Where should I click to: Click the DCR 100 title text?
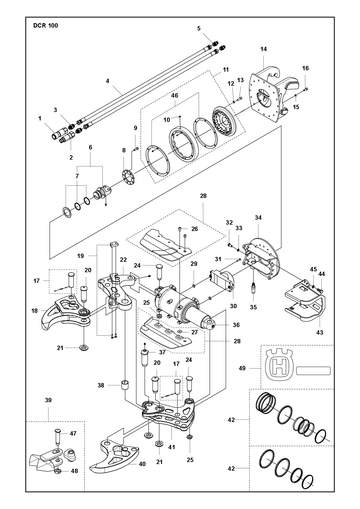coord(45,25)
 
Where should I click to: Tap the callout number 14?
coord(264,49)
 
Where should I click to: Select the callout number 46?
coord(174,95)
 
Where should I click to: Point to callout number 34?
coord(258,218)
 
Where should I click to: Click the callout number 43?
coord(320,332)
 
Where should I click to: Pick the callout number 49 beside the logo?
coord(242,368)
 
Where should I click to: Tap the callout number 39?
coord(48,400)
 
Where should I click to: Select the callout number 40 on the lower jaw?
coord(142,464)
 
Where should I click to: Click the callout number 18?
coord(35,311)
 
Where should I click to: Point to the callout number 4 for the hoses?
coord(107,81)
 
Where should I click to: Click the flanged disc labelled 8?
coord(128,176)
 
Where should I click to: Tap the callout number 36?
coord(236,325)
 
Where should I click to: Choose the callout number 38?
coord(101,385)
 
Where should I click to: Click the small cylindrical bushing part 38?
coord(125,385)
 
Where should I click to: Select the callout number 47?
coord(73,433)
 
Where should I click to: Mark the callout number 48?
coord(74,471)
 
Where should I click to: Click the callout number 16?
coord(305,68)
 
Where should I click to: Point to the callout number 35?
coord(253,307)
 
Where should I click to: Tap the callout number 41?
coord(172,447)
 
